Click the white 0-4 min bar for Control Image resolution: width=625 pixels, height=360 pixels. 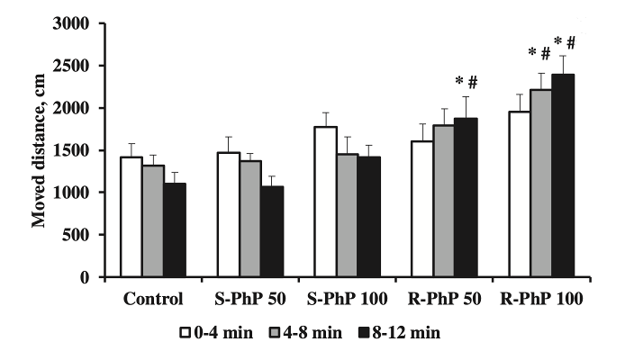click(131, 217)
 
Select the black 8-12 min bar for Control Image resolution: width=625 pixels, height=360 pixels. click(176, 230)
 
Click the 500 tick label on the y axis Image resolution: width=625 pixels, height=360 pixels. click(79, 235)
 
